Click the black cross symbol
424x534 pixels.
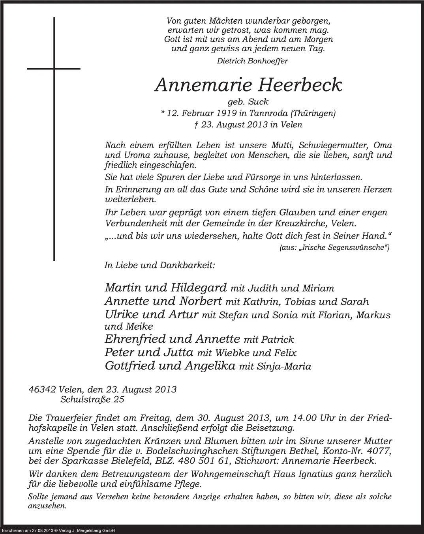pyautogui.click(x=54, y=69)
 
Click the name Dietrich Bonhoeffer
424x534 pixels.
pyautogui.click(x=252, y=61)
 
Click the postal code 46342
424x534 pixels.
pyautogui.click(x=42, y=390)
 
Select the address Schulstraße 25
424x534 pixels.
pyautogui.click(x=92, y=400)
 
